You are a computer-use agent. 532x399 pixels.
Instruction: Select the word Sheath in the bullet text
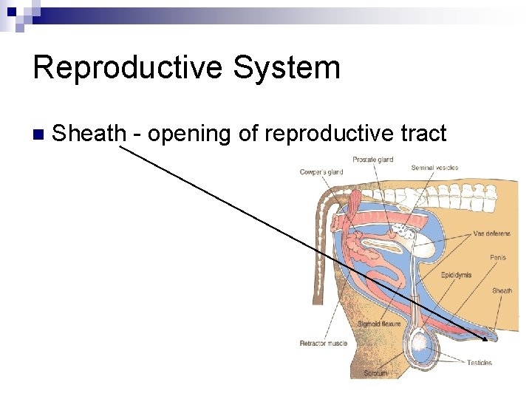click(x=90, y=134)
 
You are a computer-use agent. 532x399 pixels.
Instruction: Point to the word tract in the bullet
click(x=423, y=134)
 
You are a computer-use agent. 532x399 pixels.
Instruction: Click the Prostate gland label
click(x=372, y=160)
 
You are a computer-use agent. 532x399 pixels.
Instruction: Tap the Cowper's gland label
click(x=321, y=172)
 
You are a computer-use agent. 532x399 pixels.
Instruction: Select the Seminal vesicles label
click(x=434, y=168)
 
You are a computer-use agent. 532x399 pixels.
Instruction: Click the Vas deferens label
click(x=491, y=233)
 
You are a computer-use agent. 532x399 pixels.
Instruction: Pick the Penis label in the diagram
click(x=498, y=258)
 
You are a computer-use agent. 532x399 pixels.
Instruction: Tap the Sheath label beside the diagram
click(x=502, y=291)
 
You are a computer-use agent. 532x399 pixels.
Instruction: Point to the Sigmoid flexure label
click(x=379, y=324)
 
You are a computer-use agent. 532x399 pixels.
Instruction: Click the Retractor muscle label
click(x=324, y=344)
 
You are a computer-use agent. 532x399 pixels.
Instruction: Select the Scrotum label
click(x=375, y=373)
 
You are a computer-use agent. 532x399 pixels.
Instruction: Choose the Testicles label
click(x=480, y=363)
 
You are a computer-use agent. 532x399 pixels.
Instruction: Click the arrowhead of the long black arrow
click(x=484, y=338)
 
